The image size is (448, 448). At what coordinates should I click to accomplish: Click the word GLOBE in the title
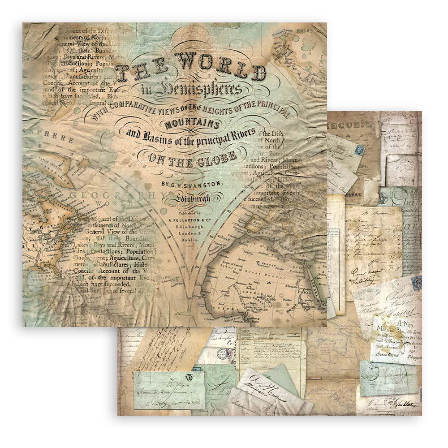tap(215, 157)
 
